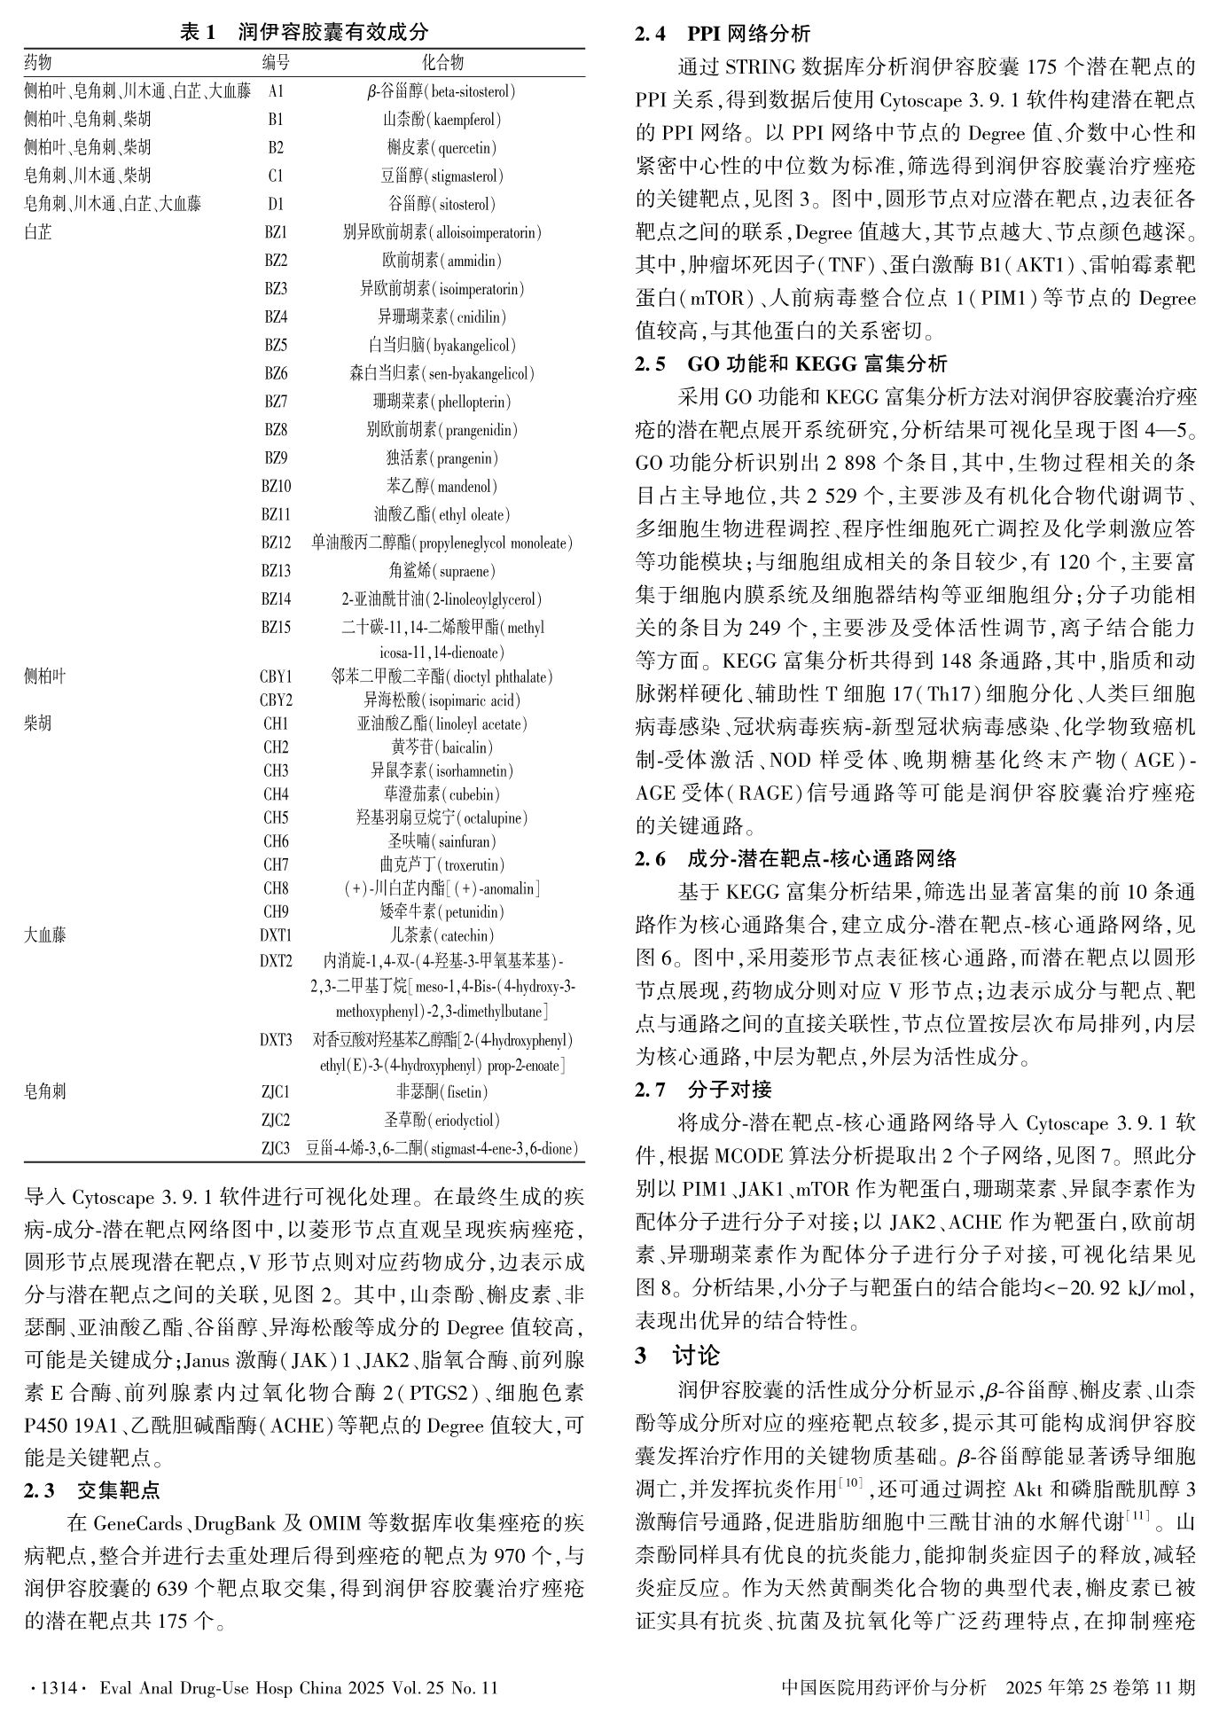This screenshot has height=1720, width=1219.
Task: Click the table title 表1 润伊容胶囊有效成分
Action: pyautogui.click(x=304, y=33)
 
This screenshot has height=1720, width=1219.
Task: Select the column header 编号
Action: pyautogui.click(x=276, y=62)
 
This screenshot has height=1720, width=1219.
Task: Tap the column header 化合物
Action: pyautogui.click(x=441, y=62)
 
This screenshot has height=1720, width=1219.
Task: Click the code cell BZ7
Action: pyautogui.click(x=276, y=402)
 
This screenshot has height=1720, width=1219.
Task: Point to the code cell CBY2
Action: pyautogui.click(x=276, y=700)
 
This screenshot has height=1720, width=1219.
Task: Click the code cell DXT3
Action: pyautogui.click(x=276, y=1040)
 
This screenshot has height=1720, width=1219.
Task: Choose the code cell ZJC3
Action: pyautogui.click(x=276, y=1149)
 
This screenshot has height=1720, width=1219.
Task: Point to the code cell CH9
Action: pyautogui.click(x=276, y=911)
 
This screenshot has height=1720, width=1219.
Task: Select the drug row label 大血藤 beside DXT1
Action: pyautogui.click(x=45, y=935)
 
